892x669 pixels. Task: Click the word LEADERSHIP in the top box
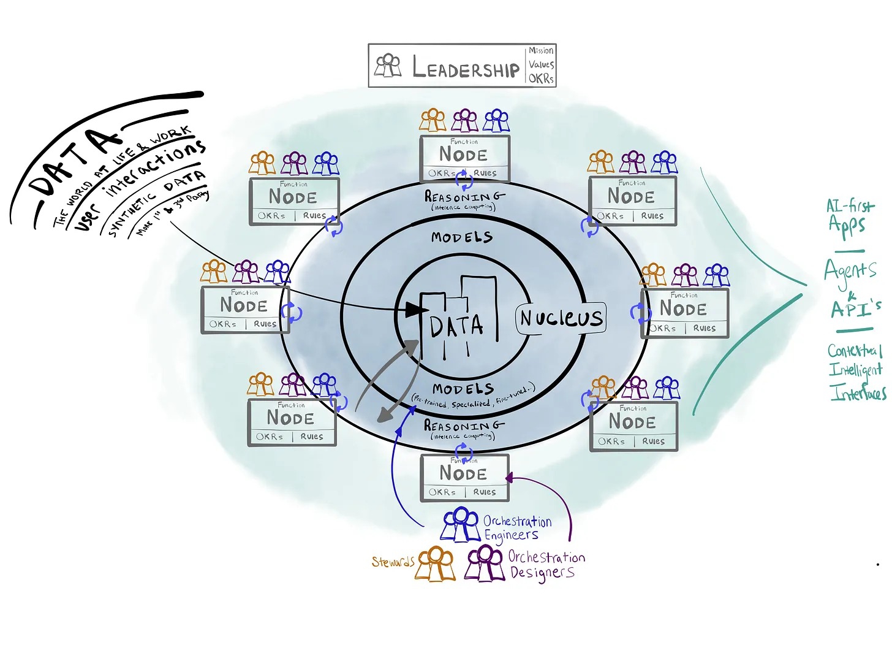[x=466, y=67]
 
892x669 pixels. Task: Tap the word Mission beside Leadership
[x=541, y=51]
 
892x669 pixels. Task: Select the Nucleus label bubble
[x=561, y=318]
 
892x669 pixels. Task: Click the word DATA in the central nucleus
[x=456, y=327]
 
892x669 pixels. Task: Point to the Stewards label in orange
[x=393, y=562]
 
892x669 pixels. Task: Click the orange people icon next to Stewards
[x=436, y=564]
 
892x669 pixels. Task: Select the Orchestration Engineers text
[x=517, y=528]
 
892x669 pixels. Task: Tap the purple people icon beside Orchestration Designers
[x=485, y=564]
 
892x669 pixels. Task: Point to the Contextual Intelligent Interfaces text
[x=856, y=371]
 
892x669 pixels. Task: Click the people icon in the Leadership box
[x=388, y=66]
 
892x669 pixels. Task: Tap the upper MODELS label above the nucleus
[x=462, y=237]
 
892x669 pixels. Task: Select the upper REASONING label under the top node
[x=464, y=197]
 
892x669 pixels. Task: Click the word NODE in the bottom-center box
[x=463, y=474]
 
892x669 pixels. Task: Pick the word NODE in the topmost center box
[x=463, y=155]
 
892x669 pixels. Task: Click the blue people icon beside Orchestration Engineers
[x=461, y=524]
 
